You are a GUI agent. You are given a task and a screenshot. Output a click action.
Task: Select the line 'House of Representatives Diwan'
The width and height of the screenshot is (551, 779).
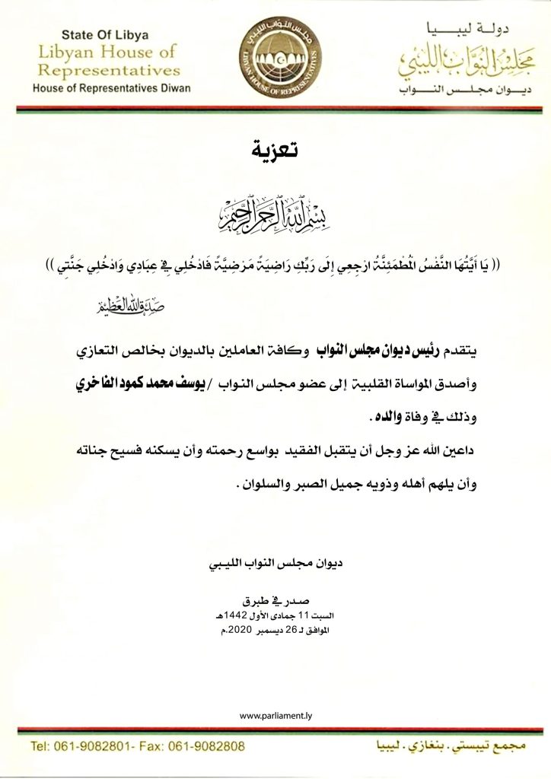[112, 88]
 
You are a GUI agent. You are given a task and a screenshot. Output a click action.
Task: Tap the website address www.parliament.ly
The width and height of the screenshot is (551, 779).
[275, 716]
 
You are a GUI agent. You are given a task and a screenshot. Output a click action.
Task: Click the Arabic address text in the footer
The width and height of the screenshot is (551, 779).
[448, 743]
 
